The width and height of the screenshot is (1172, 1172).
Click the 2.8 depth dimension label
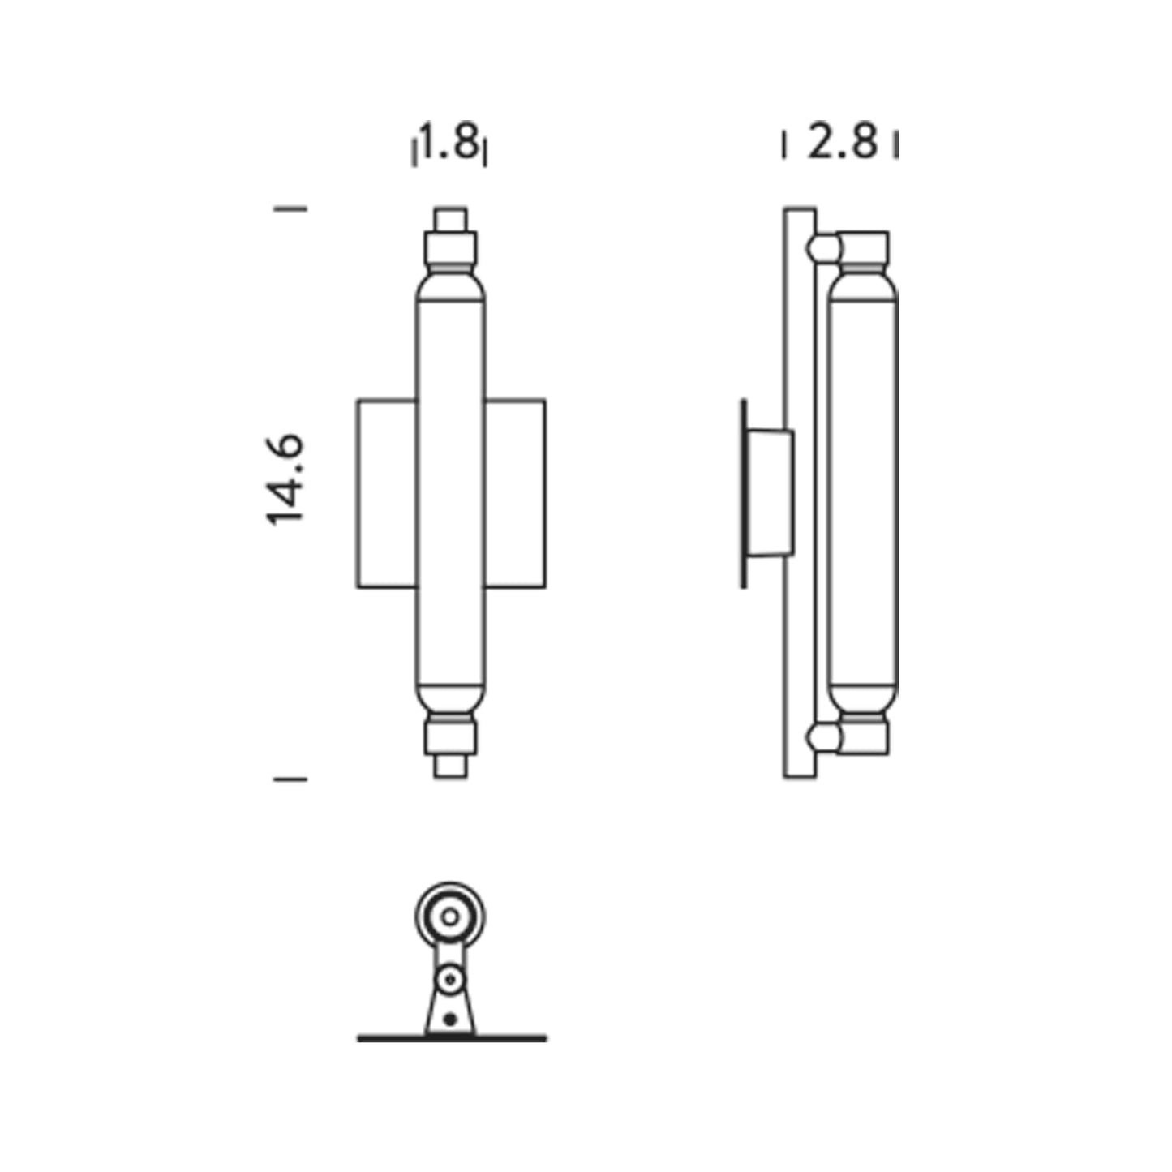point(842,144)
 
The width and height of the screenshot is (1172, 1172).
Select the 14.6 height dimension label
point(285,480)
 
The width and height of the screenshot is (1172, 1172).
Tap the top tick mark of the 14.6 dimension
point(290,208)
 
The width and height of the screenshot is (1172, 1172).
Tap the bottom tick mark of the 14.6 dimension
point(290,779)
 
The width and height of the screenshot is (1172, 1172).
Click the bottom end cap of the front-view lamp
point(450,766)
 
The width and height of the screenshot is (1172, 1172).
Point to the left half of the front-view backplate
point(387,493)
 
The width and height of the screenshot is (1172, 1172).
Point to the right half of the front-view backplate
point(515,493)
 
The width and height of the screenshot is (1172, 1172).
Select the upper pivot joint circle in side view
point(822,247)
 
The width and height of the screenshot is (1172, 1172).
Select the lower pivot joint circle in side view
point(822,738)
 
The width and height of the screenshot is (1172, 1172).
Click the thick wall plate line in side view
point(743,493)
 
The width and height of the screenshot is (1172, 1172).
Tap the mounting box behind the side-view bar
point(769,493)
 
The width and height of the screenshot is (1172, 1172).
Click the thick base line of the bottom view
point(452,1038)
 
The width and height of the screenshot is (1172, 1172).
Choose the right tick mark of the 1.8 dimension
point(484,151)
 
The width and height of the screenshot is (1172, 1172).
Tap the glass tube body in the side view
point(862,493)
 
